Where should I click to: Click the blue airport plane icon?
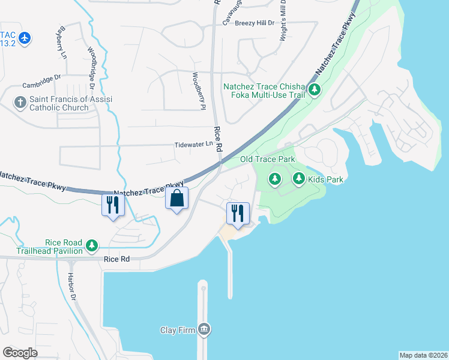pos(25,38)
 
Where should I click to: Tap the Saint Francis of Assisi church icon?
pos(20,103)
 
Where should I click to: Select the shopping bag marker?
pos(177,199)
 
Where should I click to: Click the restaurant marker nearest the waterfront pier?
pos(238,214)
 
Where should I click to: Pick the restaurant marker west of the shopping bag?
pos(113,205)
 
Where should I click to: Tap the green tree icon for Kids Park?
pos(298,179)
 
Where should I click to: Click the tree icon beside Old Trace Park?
pos(275,179)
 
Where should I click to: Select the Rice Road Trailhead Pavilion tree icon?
pos(91,245)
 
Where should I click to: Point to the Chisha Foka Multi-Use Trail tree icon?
pos(315,91)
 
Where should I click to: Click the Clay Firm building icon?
pos(204,329)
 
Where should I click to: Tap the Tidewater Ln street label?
pos(193,145)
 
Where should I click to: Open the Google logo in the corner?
pos(20,352)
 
